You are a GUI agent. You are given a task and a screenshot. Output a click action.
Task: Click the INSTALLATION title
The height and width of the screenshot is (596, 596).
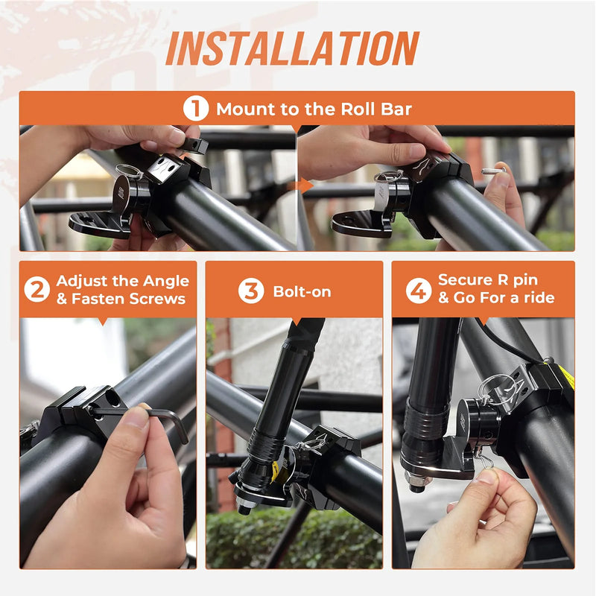[292, 48]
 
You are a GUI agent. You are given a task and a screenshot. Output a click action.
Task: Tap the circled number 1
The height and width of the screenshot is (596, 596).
[195, 109]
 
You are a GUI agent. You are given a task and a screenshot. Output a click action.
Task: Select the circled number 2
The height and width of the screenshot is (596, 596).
[37, 290]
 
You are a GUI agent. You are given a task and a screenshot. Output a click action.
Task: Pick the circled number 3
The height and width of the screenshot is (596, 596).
[251, 291]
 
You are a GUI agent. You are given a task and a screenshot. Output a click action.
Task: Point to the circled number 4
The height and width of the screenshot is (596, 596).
[419, 290]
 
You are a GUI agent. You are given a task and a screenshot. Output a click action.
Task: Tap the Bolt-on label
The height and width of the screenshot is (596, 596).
[302, 291]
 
